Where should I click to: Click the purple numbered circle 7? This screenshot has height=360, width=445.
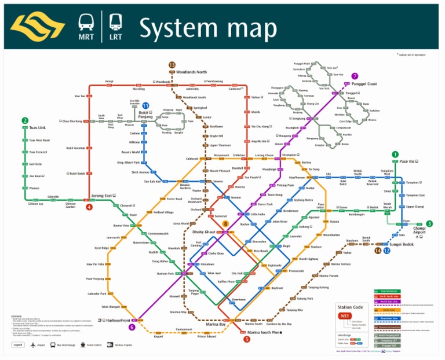tap(355, 76)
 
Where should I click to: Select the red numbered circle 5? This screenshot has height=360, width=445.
tap(247, 339)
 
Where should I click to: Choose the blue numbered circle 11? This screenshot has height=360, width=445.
tap(145, 106)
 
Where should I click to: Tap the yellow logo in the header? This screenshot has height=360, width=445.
tap(38, 27)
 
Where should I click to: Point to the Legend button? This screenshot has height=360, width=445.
tap(19, 344)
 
